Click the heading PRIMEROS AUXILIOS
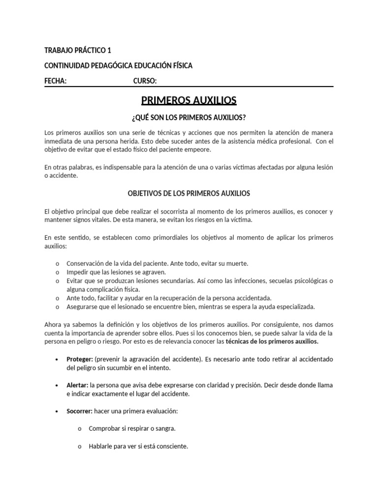click(189, 101)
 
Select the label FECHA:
click(56, 81)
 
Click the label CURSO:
click(145, 81)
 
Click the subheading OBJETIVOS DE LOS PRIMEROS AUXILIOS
click(189, 193)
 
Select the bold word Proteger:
click(80, 359)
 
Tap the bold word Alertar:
click(77, 385)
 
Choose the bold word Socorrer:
click(79, 410)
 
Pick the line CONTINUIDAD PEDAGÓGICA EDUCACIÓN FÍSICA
click(119, 65)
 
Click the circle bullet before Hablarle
click(80, 447)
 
